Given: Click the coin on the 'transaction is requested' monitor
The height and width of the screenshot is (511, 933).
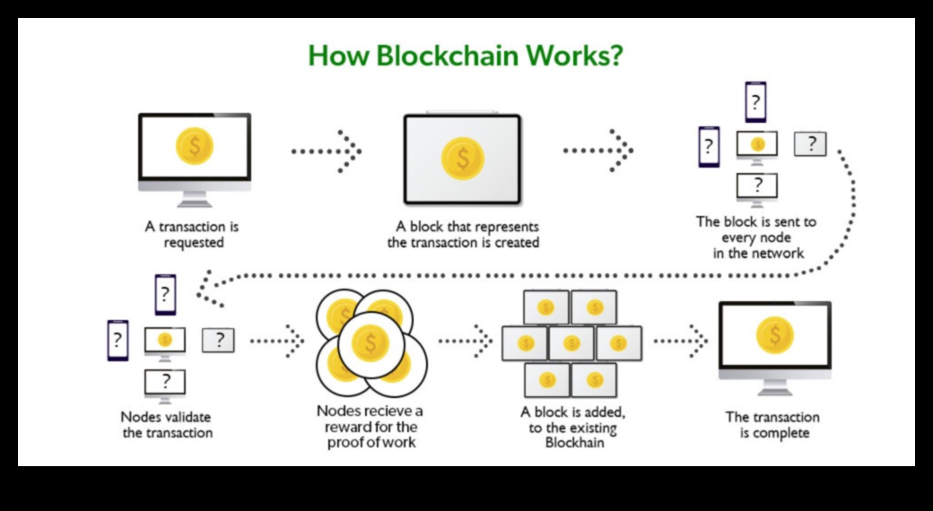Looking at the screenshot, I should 195,146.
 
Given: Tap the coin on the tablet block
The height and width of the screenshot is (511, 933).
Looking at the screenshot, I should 462,158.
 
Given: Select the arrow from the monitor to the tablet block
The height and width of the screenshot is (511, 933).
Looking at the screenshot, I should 327,150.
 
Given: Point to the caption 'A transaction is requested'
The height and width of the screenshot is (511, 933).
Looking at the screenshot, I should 192,235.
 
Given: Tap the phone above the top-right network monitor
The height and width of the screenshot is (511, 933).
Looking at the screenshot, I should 756,101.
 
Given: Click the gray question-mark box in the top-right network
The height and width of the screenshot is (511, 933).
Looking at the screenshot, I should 810,143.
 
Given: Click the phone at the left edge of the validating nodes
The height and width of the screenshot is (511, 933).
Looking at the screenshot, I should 118,341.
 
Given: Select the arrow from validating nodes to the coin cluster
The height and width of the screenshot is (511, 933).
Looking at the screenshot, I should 277,341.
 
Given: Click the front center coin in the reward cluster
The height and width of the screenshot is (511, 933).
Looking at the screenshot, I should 369,342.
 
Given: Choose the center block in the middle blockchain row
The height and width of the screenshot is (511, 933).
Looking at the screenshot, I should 571,342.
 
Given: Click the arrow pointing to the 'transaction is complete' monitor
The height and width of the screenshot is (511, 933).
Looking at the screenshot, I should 681,341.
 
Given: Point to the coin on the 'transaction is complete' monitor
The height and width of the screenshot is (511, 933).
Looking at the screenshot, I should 774,335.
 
